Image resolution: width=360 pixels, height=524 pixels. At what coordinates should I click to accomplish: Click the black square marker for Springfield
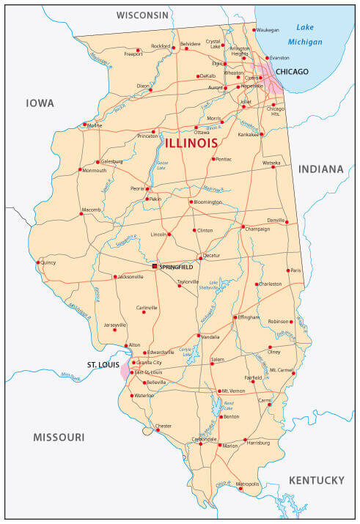155,267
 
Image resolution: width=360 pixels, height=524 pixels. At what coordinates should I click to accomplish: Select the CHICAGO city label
293,72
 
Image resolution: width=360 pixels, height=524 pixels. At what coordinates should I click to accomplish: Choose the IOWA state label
40,103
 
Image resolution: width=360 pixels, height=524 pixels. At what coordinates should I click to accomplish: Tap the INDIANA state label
320,169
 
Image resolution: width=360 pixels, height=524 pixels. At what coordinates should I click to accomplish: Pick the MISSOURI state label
59,438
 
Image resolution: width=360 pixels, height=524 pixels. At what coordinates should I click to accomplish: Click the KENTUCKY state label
316,480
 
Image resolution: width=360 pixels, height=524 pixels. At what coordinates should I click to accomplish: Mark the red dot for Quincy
37,262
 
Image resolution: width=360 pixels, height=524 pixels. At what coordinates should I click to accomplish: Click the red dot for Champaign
243,226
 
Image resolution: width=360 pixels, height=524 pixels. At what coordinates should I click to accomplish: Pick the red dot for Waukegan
254,30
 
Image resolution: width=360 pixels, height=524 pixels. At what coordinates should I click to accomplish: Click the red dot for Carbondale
200,443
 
